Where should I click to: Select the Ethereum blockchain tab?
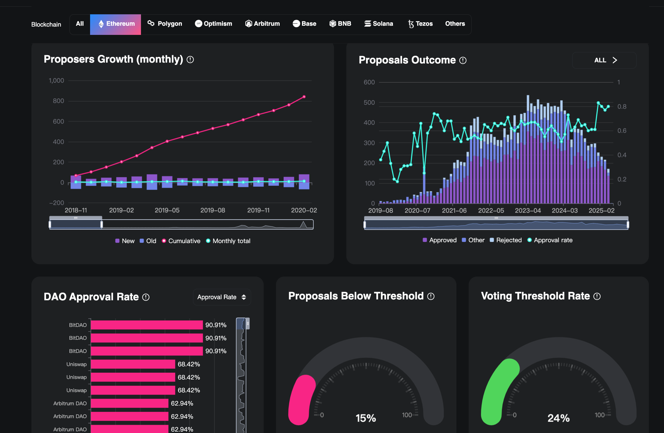pyautogui.click(x=116, y=24)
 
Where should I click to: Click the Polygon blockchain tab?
pyautogui.click(x=165, y=24)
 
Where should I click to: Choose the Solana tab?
pyautogui.click(x=379, y=24)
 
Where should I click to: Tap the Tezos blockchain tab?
pyautogui.click(x=420, y=24)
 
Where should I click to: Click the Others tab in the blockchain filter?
pyautogui.click(x=455, y=24)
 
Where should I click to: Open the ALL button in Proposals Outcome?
pyautogui.click(x=604, y=60)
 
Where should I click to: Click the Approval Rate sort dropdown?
pyautogui.click(x=222, y=297)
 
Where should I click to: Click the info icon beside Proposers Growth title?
pyautogui.click(x=190, y=60)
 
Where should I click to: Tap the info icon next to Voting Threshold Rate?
pyautogui.click(x=597, y=296)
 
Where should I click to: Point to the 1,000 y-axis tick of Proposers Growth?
pyautogui.click(x=56, y=81)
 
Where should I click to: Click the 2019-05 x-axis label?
pyautogui.click(x=167, y=210)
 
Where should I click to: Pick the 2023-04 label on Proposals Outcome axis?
pyautogui.click(x=528, y=211)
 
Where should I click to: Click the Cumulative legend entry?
pyautogui.click(x=181, y=241)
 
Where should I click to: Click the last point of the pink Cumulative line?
pyautogui.click(x=304, y=97)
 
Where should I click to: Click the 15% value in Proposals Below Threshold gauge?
pyautogui.click(x=366, y=418)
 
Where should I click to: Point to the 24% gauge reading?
pyautogui.click(x=558, y=418)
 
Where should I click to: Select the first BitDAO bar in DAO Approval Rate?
pyautogui.click(x=147, y=325)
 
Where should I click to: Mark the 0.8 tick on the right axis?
pyautogui.click(x=622, y=107)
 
